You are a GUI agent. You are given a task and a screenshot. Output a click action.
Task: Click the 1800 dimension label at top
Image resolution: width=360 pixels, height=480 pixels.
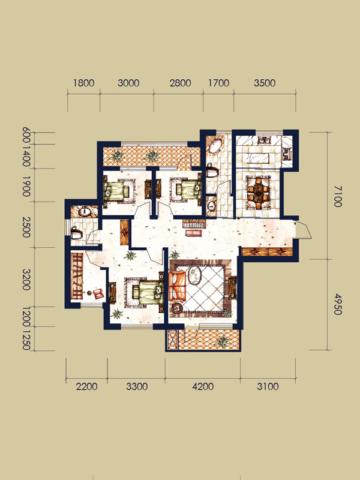(83, 83)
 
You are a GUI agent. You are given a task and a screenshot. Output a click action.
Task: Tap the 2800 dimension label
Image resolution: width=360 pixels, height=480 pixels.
(181, 83)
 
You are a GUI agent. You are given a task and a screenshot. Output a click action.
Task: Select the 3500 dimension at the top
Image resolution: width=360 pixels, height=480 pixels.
(265, 83)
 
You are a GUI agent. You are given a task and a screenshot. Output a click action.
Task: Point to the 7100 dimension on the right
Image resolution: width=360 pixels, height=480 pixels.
(337, 196)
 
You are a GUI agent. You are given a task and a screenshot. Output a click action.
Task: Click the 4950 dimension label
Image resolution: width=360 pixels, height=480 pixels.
(337, 304)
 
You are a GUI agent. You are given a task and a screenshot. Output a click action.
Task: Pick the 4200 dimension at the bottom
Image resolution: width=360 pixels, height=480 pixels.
(203, 386)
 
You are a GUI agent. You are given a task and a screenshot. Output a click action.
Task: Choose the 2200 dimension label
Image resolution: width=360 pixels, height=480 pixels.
(86, 386)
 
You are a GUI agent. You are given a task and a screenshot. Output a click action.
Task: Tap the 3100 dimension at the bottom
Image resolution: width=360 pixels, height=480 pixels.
(268, 386)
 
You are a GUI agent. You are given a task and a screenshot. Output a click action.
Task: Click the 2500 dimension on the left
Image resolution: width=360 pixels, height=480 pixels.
(26, 227)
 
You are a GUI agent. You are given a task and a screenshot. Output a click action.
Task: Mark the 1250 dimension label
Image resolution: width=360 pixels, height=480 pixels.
(26, 339)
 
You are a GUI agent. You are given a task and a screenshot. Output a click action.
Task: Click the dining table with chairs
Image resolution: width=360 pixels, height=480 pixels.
(259, 193)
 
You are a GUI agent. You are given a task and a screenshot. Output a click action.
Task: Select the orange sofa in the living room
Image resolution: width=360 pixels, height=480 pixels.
(177, 286)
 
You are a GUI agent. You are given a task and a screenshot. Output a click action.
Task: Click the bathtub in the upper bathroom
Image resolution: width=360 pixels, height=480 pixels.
(216, 147)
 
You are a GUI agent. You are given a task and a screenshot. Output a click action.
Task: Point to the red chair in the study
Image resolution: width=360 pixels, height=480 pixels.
(98, 294)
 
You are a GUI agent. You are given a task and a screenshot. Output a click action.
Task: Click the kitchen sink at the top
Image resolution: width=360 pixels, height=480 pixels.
(263, 140)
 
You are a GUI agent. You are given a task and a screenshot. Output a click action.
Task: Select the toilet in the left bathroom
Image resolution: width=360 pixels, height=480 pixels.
(76, 233)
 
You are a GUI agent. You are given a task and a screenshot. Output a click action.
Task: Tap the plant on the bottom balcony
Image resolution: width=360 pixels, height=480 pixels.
(222, 341)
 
